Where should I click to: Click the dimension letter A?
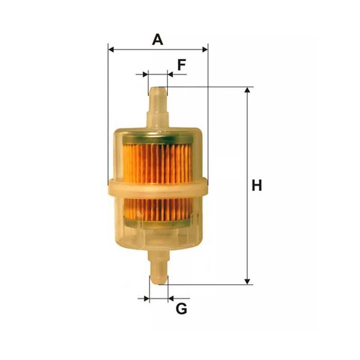pos(157,40)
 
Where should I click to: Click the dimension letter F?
pos(181,65)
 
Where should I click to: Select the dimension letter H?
pos(257,185)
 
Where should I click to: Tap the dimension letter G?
pos(181,309)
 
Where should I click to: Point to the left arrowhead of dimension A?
pos(111,49)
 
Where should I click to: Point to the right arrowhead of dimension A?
pos(205,49)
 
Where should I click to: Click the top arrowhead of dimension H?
pos(247,90)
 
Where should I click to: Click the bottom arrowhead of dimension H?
pos(247,282)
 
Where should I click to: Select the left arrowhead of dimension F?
pos(145,74)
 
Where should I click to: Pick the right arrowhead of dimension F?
pos(171,74)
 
